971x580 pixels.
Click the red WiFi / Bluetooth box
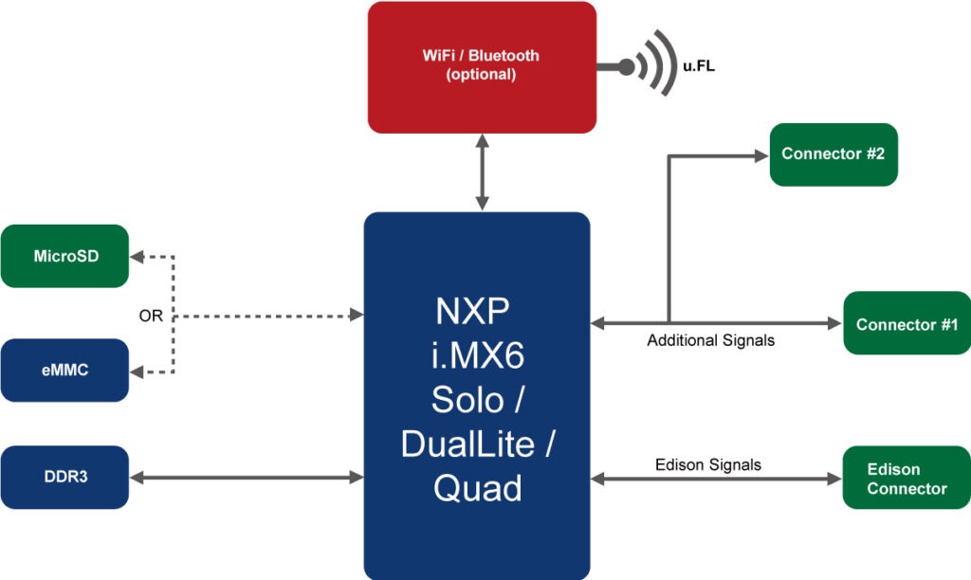point(482,66)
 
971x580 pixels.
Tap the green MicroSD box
point(64,256)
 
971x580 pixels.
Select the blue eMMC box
point(64,370)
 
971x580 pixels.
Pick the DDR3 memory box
point(64,477)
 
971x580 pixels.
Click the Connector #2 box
point(833,154)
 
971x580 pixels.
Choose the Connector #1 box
point(907,324)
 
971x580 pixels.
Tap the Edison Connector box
point(907,479)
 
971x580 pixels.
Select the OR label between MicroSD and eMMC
point(151,316)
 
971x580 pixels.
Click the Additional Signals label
point(710,340)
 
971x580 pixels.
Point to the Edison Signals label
point(707,464)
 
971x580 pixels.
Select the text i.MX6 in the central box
point(477,354)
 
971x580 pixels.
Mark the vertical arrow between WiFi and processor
point(483,172)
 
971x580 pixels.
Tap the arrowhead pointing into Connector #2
point(760,155)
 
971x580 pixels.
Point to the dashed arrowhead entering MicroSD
point(138,257)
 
